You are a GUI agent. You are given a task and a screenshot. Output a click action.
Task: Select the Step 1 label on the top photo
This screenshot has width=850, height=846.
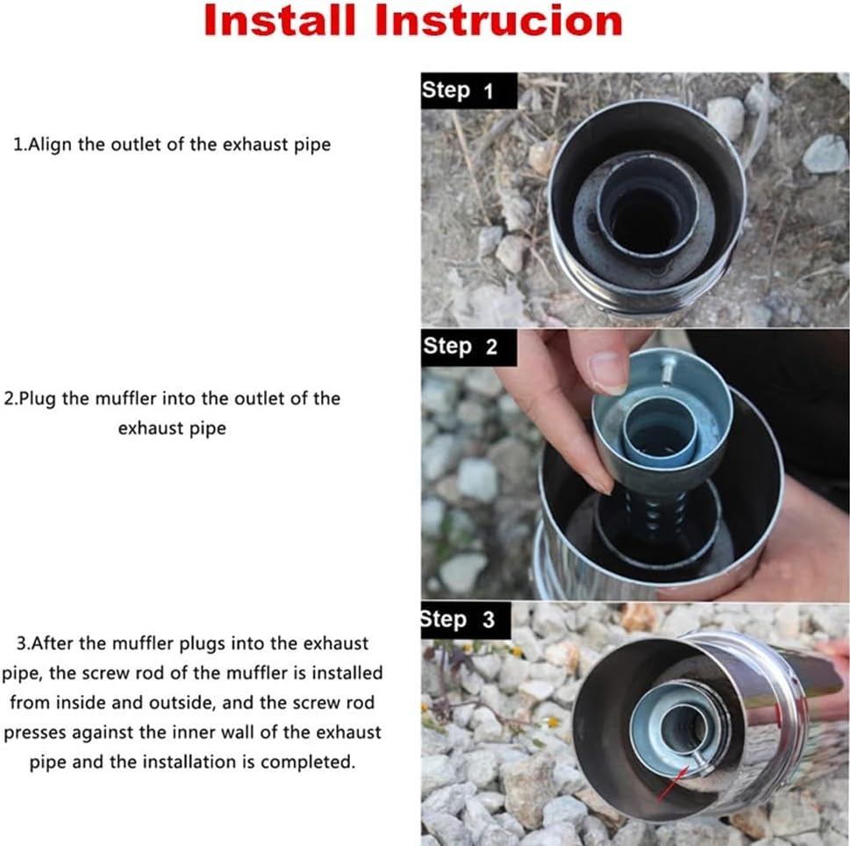coord(458,90)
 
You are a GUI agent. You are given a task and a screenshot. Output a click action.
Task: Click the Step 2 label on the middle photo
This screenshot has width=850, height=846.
coord(460,347)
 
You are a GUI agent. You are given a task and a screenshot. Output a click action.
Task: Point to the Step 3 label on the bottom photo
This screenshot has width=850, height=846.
coord(458,620)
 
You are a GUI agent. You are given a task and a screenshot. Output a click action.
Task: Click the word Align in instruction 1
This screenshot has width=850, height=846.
coord(49,145)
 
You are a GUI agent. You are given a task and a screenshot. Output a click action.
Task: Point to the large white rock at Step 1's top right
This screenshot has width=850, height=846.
coord(825,154)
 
